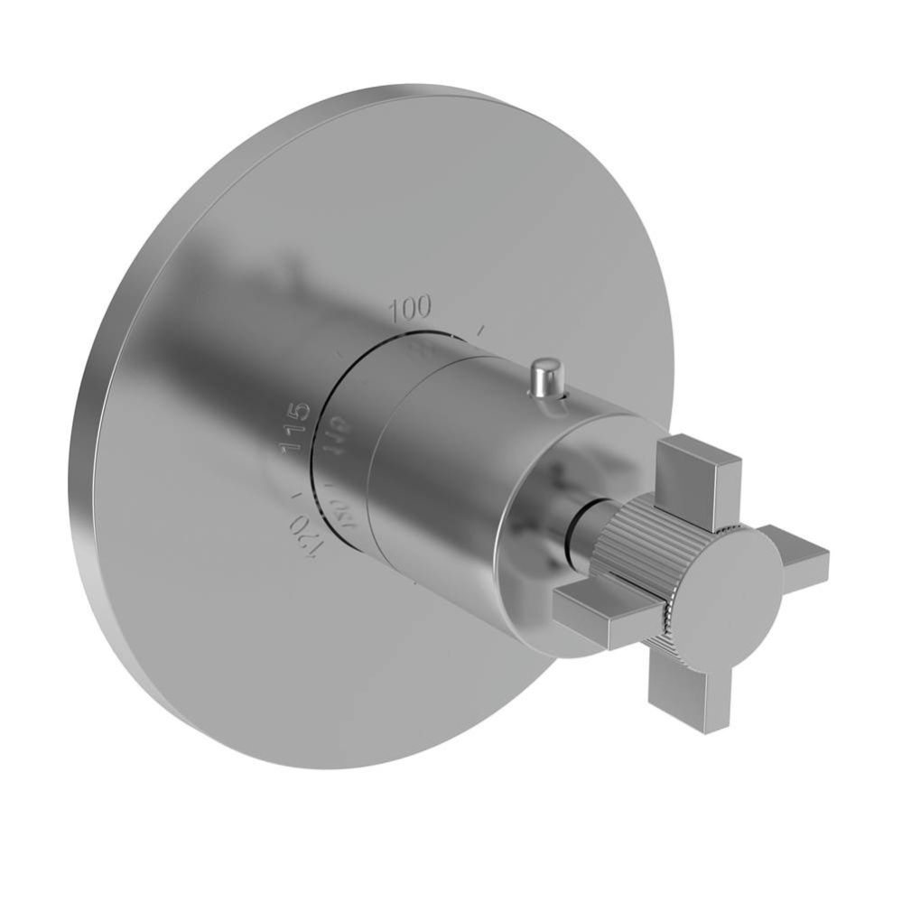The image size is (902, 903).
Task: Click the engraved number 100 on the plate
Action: [x=410, y=308]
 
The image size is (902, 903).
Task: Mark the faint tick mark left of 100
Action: [x=340, y=357]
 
